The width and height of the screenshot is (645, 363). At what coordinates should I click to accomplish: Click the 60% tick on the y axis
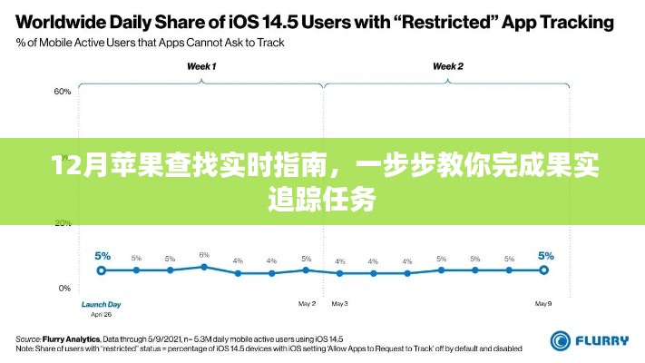63,92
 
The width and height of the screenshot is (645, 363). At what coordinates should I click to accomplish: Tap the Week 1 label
201,66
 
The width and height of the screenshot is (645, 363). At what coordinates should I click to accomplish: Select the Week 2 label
447,66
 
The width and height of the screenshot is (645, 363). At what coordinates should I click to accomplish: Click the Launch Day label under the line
102,304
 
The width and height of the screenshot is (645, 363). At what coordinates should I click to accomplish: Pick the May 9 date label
543,302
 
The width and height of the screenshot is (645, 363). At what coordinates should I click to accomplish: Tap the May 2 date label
307,302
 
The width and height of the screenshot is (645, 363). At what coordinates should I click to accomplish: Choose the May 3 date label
340,302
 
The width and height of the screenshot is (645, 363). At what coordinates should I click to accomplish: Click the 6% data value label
204,254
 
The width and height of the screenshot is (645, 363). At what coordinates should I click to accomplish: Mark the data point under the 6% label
204,267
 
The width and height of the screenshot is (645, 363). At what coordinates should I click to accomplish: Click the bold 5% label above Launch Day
102,255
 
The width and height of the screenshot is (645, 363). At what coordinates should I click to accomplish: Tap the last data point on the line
543,270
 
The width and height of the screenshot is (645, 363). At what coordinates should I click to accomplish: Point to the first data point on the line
102,270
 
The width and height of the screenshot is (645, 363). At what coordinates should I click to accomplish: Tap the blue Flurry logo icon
560,340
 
